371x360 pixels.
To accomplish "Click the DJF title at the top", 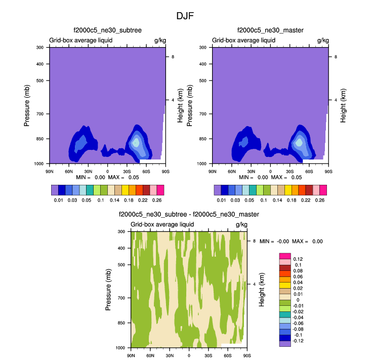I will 185,16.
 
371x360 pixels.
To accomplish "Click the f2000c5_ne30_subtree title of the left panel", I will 107,30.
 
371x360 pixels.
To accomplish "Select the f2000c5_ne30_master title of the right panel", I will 270,30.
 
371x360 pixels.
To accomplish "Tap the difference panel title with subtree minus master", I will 188,215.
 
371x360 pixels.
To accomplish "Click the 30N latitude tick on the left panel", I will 88,170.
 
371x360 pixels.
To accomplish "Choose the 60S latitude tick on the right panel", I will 309,170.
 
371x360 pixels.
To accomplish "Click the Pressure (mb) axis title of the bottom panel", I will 108,290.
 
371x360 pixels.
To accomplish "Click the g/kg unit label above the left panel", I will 160,39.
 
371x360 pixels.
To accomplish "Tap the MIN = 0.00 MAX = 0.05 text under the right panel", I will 271,177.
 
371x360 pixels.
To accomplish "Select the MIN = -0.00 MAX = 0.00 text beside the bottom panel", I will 291,242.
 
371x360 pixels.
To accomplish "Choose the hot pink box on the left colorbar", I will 160,190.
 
